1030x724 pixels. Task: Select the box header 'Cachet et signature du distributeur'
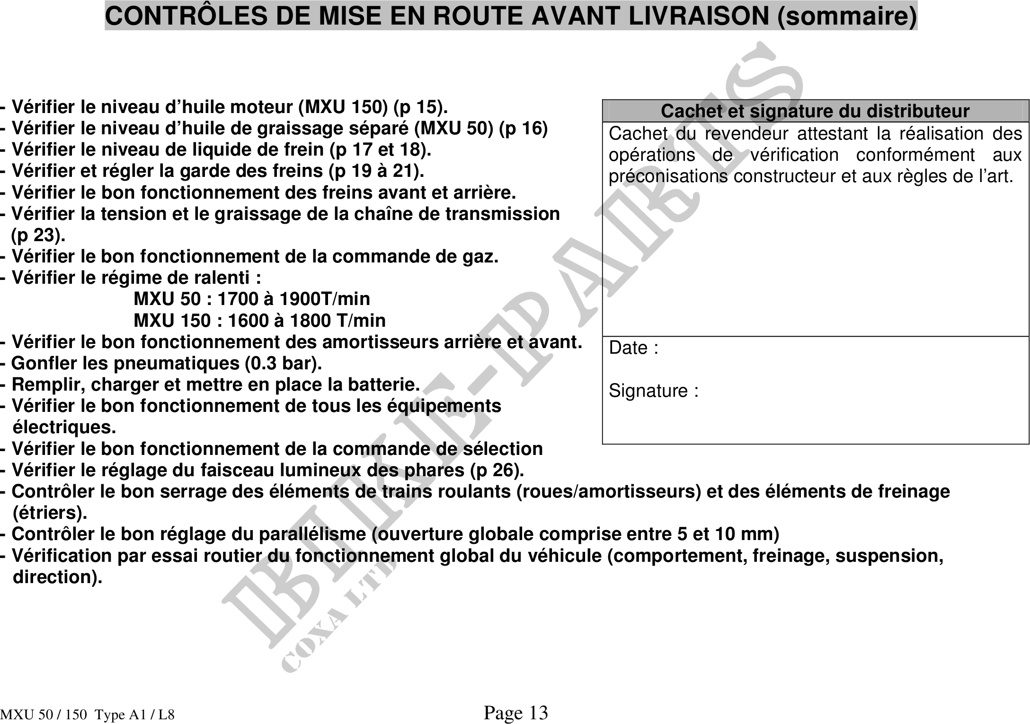(x=815, y=111)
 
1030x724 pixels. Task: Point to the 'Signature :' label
(x=653, y=391)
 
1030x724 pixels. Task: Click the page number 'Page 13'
(x=515, y=712)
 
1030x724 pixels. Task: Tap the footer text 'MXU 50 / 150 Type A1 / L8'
(x=88, y=715)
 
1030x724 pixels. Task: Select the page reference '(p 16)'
(x=523, y=129)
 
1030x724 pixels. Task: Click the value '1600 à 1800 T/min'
(x=307, y=321)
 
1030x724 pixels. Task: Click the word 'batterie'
(x=383, y=384)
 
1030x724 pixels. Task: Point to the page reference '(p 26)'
(x=497, y=470)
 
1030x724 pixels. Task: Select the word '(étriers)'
(x=50, y=513)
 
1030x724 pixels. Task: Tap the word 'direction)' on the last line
(x=57, y=577)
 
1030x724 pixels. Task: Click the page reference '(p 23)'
(x=38, y=235)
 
